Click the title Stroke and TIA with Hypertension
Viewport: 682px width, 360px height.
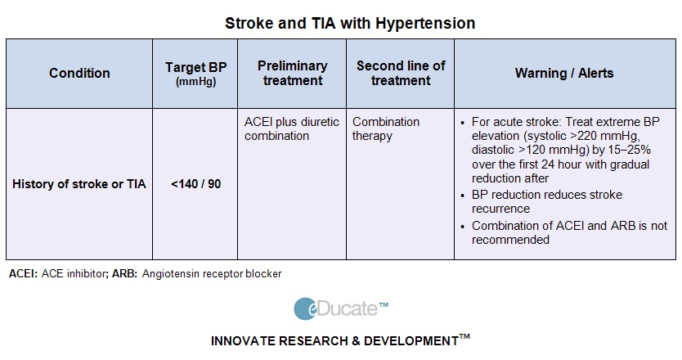(x=350, y=23)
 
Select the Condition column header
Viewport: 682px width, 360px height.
(x=79, y=73)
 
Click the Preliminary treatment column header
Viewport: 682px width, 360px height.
(x=292, y=73)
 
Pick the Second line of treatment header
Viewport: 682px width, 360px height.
(x=400, y=73)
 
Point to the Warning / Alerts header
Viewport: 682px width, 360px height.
(x=564, y=73)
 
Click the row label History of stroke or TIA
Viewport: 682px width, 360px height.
(x=79, y=184)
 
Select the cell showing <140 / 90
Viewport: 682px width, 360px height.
(x=195, y=184)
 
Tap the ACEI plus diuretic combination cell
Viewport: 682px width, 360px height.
(x=291, y=128)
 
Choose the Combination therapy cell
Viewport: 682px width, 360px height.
(x=386, y=128)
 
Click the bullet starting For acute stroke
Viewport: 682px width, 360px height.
(x=564, y=150)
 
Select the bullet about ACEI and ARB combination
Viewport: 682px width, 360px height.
(x=568, y=232)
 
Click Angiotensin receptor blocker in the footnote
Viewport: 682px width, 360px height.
(x=211, y=274)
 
